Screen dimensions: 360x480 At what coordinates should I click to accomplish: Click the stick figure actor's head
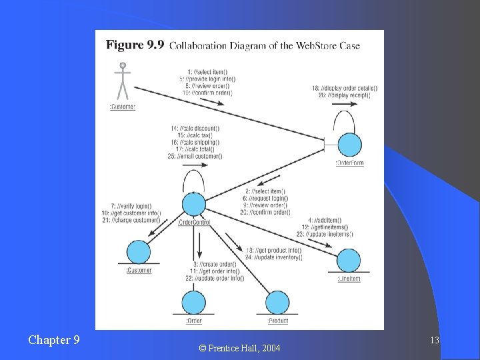pyautogui.click(x=123, y=65)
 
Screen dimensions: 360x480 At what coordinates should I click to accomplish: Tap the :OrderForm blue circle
pyautogui.click(x=349, y=145)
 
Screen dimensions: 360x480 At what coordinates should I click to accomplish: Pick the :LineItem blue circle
pyautogui.click(x=349, y=261)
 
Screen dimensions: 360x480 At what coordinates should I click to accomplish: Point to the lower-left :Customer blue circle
pyautogui.click(x=139, y=252)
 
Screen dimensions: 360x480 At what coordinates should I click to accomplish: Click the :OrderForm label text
pyautogui.click(x=350, y=163)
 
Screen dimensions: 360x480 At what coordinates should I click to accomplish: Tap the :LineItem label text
pyautogui.click(x=349, y=279)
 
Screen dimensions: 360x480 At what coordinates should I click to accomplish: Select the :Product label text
pyautogui.click(x=277, y=321)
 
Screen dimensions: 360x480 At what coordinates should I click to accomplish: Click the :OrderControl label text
pyautogui.click(x=194, y=222)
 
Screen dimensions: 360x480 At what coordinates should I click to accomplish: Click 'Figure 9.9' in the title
pyautogui.click(x=135, y=45)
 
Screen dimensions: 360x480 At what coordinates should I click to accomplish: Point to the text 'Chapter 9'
pyautogui.click(x=54, y=340)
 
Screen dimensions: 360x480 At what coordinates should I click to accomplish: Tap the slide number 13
pyautogui.click(x=434, y=341)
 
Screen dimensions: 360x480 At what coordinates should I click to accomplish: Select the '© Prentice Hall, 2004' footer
pyautogui.click(x=239, y=348)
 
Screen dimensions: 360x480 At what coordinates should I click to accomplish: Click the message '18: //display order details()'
pyautogui.click(x=344, y=88)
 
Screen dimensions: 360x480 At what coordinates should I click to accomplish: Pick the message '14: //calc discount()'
pyautogui.click(x=195, y=128)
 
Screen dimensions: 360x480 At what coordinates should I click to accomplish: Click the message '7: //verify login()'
pyautogui.click(x=131, y=206)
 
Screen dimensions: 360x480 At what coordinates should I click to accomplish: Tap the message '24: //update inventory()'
pyautogui.click(x=273, y=257)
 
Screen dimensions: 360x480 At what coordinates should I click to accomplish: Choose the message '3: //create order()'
pyautogui.click(x=215, y=264)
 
